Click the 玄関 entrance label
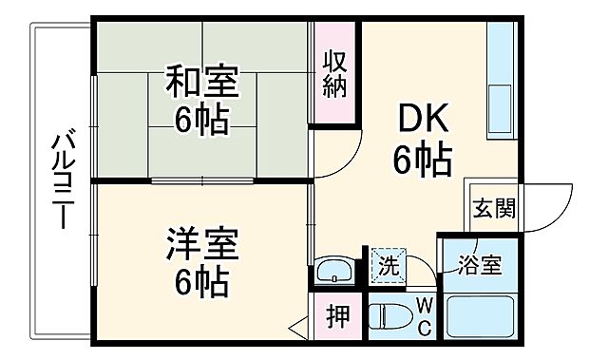pyautogui.click(x=494, y=208)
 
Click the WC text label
pyautogui.click(x=424, y=316)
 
